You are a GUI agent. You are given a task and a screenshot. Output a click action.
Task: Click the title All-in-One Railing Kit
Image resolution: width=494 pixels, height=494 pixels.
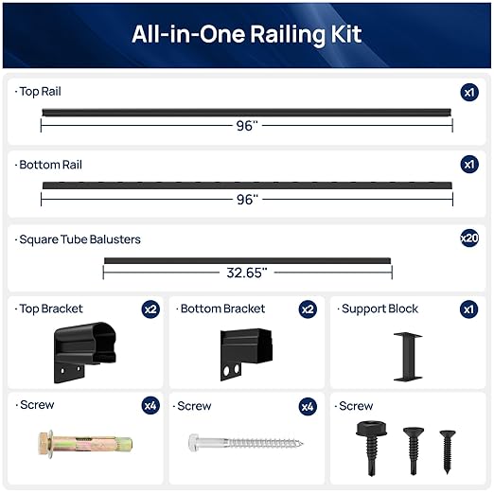[246, 36]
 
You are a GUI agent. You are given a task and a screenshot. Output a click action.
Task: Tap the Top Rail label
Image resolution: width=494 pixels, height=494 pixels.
[41, 92]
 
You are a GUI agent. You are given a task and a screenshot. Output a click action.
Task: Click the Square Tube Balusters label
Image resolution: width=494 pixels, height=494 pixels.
[79, 239]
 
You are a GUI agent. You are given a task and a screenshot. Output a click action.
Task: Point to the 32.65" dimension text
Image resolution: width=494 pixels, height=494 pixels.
[246, 272]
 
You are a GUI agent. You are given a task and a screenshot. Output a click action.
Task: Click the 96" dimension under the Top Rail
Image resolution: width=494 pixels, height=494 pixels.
[247, 125]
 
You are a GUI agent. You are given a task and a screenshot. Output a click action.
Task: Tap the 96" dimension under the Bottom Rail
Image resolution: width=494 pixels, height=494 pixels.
[247, 199]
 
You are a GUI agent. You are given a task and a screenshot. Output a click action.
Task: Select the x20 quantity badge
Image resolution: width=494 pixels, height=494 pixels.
[469, 238]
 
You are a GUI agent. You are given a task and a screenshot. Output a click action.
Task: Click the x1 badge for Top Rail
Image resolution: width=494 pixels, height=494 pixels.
[469, 92]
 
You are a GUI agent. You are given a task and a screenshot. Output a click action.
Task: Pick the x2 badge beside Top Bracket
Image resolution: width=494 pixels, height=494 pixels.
[150, 309]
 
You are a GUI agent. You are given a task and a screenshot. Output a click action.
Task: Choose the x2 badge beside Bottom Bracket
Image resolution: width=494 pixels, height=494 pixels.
[308, 309]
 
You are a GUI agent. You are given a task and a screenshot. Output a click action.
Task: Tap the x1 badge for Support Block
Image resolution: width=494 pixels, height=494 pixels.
[469, 309]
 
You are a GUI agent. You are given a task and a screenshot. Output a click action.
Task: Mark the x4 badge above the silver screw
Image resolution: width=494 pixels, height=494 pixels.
[308, 406]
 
